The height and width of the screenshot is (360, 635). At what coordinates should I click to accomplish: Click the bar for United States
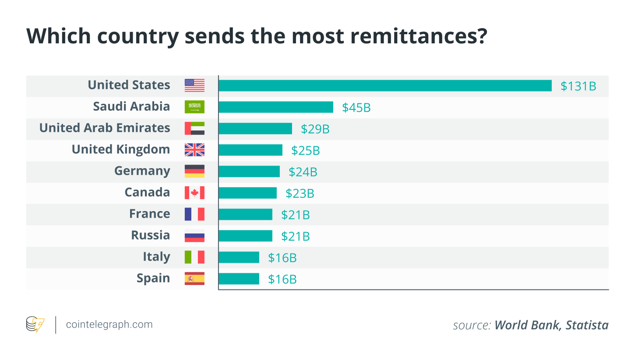tap(385, 85)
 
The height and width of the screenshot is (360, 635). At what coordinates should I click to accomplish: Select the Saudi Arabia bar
tap(276, 107)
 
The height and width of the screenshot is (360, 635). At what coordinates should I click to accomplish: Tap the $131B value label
tap(579, 86)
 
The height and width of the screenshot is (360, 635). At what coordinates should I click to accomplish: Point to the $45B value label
tap(356, 107)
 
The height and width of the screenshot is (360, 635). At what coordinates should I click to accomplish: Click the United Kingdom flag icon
tap(194, 150)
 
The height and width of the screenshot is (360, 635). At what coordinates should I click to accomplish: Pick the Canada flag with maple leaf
tap(194, 193)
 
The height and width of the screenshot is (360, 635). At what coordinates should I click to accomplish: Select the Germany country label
tap(142, 171)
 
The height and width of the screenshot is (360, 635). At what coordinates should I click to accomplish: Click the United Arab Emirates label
tap(105, 128)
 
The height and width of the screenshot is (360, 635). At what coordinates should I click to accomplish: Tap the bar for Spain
tap(239, 279)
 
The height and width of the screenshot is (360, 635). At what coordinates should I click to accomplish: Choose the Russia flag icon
tap(194, 236)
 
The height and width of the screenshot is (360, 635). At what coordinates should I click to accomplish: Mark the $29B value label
tap(315, 129)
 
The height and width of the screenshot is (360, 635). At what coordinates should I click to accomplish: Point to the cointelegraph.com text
tap(109, 325)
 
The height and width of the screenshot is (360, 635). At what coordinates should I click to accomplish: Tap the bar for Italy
tap(239, 257)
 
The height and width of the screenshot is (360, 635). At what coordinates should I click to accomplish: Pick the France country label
tap(149, 214)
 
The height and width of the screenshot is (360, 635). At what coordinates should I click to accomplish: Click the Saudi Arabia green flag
tap(194, 107)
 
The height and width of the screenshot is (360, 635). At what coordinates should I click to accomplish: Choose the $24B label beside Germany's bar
tap(303, 172)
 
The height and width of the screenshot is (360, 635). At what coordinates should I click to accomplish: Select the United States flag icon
tap(194, 85)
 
